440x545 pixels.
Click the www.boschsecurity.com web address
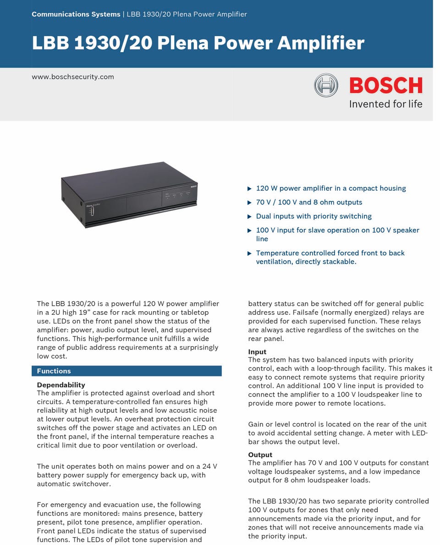pyautogui.click(x=73, y=77)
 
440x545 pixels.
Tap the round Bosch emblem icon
pyautogui.click(x=326, y=86)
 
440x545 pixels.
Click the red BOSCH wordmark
pyautogui.click(x=385, y=86)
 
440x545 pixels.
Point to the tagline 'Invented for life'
pyautogui.click(x=385, y=104)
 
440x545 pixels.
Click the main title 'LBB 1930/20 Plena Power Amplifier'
pyautogui.click(x=198, y=43)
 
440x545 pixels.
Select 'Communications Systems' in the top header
pyautogui.click(x=76, y=14)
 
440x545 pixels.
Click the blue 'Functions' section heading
pyautogui.click(x=54, y=371)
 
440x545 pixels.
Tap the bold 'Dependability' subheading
pyautogui.click(x=61, y=385)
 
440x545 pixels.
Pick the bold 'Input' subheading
pyautogui.click(x=257, y=352)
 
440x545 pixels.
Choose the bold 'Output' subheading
pyautogui.click(x=260, y=455)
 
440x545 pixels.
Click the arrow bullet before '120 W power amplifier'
pyautogui.click(x=249, y=189)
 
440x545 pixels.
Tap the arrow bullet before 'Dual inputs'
pyautogui.click(x=249, y=216)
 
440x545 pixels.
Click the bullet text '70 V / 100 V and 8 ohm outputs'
pyautogui.click(x=309, y=202)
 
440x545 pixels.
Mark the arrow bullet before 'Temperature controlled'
pyautogui.click(x=249, y=253)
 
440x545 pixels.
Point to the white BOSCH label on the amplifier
pyautogui.click(x=193, y=184)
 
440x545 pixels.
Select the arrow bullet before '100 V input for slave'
pyautogui.click(x=249, y=231)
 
